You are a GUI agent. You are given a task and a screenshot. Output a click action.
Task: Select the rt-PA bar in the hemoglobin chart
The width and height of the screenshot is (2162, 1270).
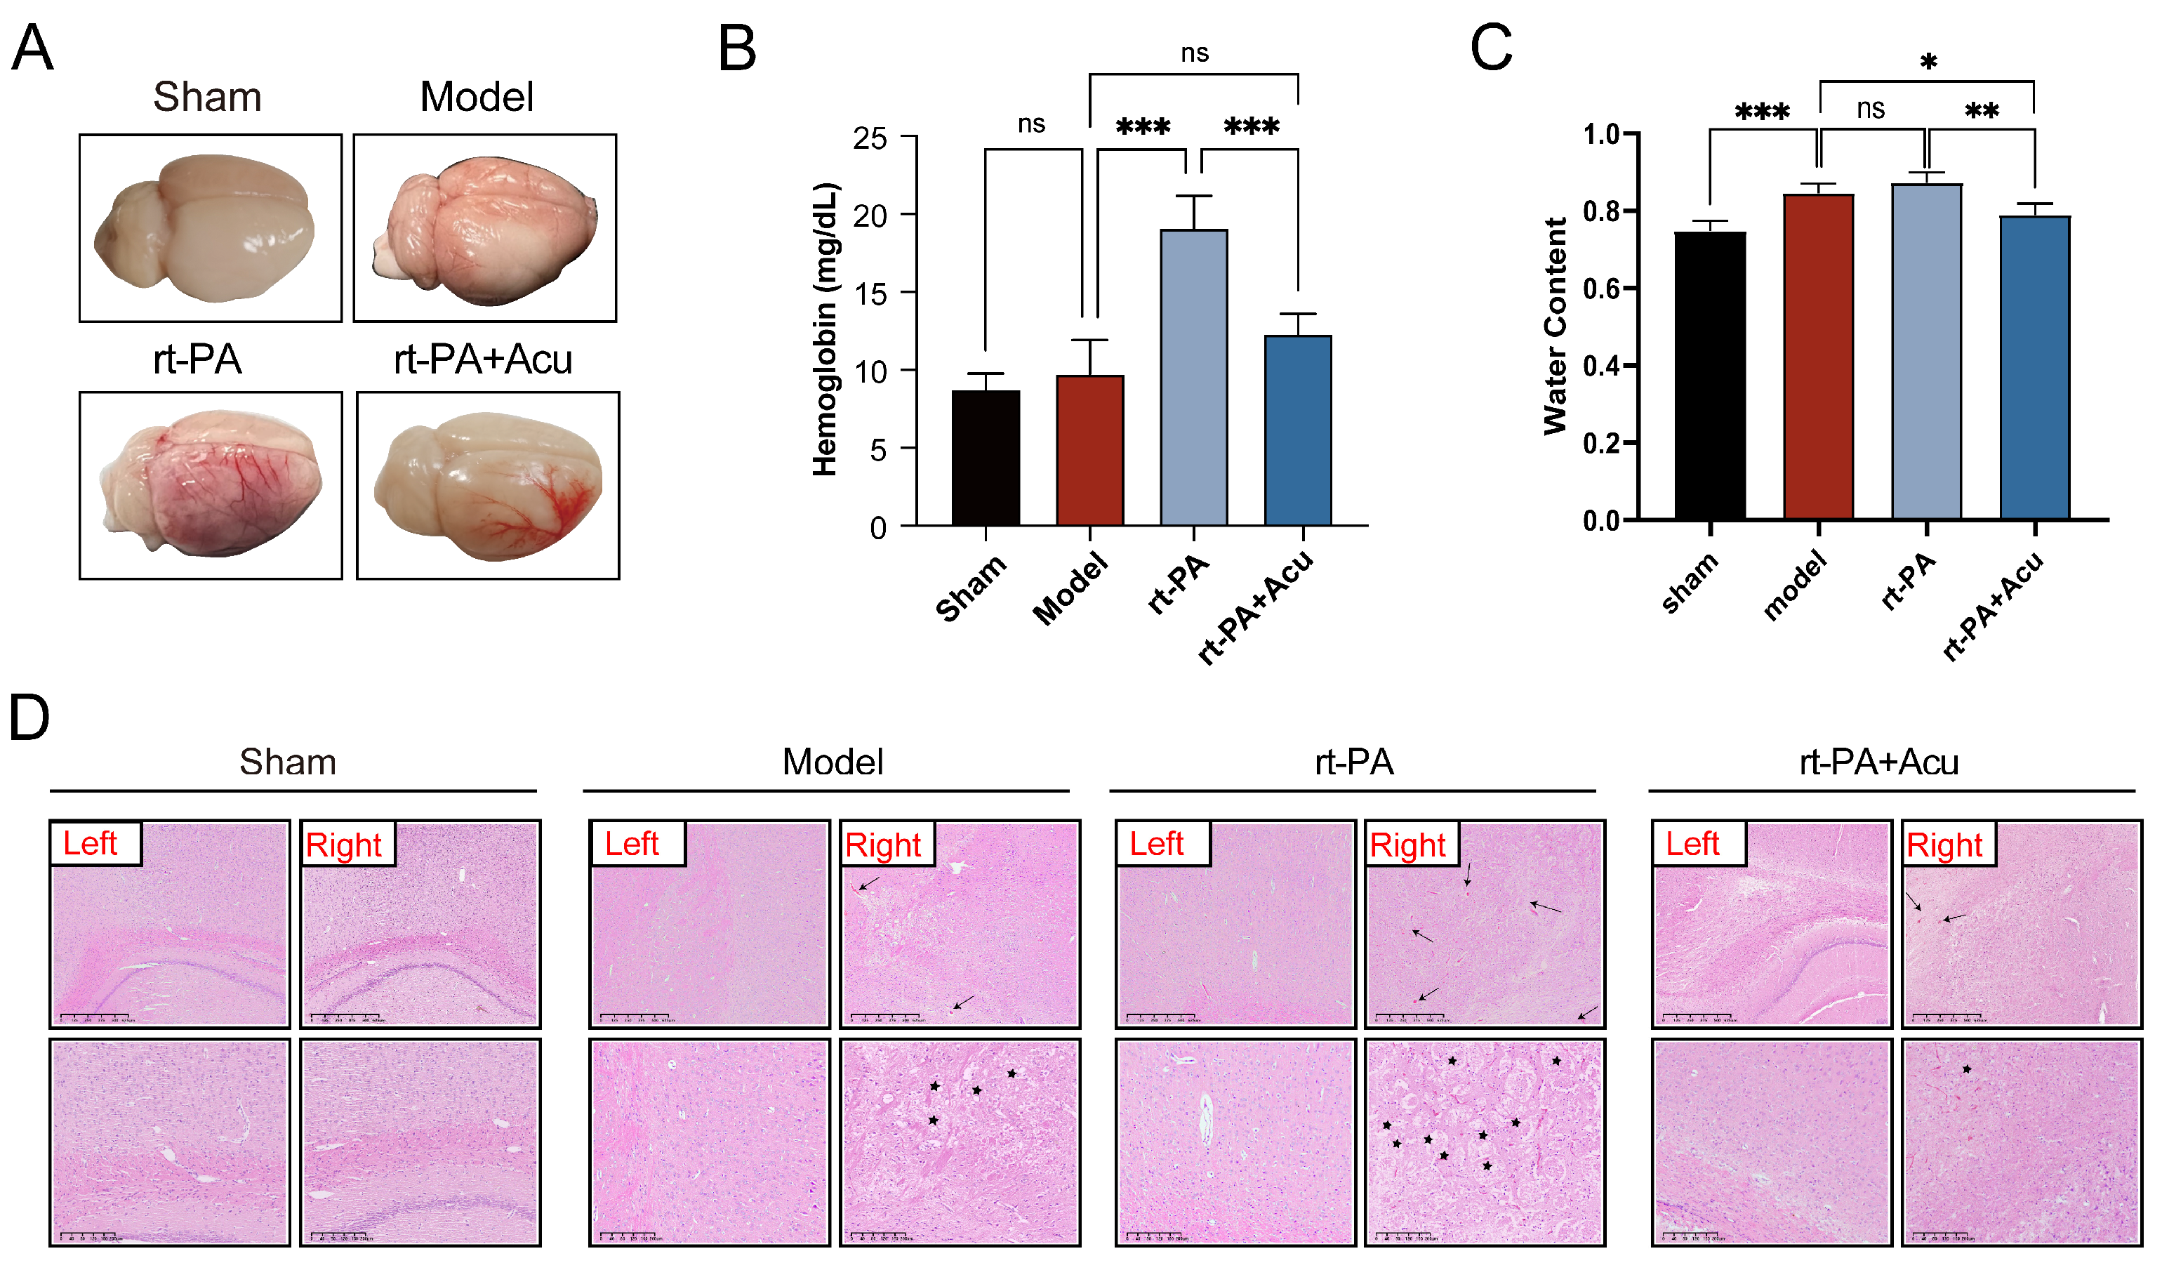point(1193,378)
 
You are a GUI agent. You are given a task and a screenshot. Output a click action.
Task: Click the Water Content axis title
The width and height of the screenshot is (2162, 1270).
point(1555,326)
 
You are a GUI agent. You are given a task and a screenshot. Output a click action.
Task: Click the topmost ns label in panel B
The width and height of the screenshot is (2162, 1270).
point(1194,53)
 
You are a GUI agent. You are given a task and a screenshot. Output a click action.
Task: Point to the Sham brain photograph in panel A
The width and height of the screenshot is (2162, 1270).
point(210,227)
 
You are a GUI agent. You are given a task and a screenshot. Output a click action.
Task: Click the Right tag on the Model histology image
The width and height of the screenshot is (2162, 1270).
point(883,845)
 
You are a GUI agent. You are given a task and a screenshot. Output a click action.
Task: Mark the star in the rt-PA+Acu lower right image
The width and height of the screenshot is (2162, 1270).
point(1966,1069)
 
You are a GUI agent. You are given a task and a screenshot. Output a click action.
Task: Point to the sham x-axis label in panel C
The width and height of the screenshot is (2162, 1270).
point(1688,583)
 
